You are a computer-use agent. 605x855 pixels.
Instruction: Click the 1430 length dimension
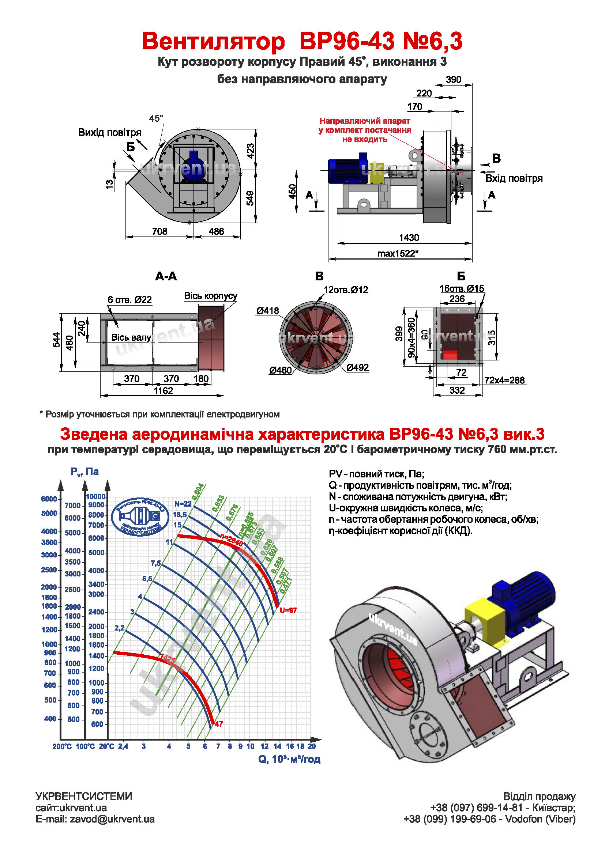click(409, 238)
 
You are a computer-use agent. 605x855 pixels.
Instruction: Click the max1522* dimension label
click(398, 254)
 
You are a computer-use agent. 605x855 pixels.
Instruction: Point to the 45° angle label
click(156, 118)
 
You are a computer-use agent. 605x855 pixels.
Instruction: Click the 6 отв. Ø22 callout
click(129, 300)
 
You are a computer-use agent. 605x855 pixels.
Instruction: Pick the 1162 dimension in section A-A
click(163, 391)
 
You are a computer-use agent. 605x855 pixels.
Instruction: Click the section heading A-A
click(166, 276)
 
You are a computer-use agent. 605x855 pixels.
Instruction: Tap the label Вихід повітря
click(109, 133)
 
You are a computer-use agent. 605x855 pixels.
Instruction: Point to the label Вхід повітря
click(514, 178)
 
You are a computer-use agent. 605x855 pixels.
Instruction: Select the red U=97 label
click(288, 610)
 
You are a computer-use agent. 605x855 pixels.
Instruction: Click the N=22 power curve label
click(183, 504)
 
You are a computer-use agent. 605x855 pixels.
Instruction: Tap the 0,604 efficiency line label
click(198, 491)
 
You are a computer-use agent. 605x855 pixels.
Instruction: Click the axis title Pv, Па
click(84, 472)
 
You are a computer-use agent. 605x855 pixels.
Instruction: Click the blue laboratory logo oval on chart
click(140, 517)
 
